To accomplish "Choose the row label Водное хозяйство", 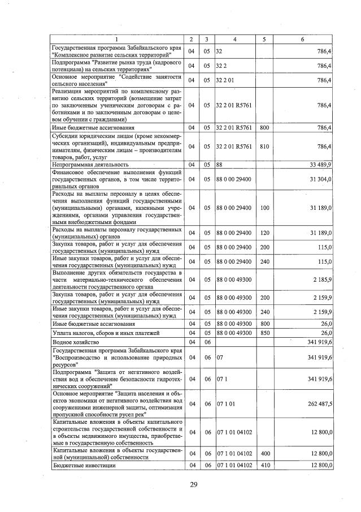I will point(71,342).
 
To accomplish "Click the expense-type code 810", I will point(264,147).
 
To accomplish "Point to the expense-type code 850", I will point(264,333).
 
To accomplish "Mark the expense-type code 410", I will point(264,465).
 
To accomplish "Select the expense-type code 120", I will point(264,233).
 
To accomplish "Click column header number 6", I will point(303,39).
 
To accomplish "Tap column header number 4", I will point(235,39).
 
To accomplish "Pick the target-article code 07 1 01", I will point(225,403).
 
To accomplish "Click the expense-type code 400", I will point(264,454).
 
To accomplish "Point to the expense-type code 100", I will point(264,208).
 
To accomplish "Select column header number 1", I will point(117,39).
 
